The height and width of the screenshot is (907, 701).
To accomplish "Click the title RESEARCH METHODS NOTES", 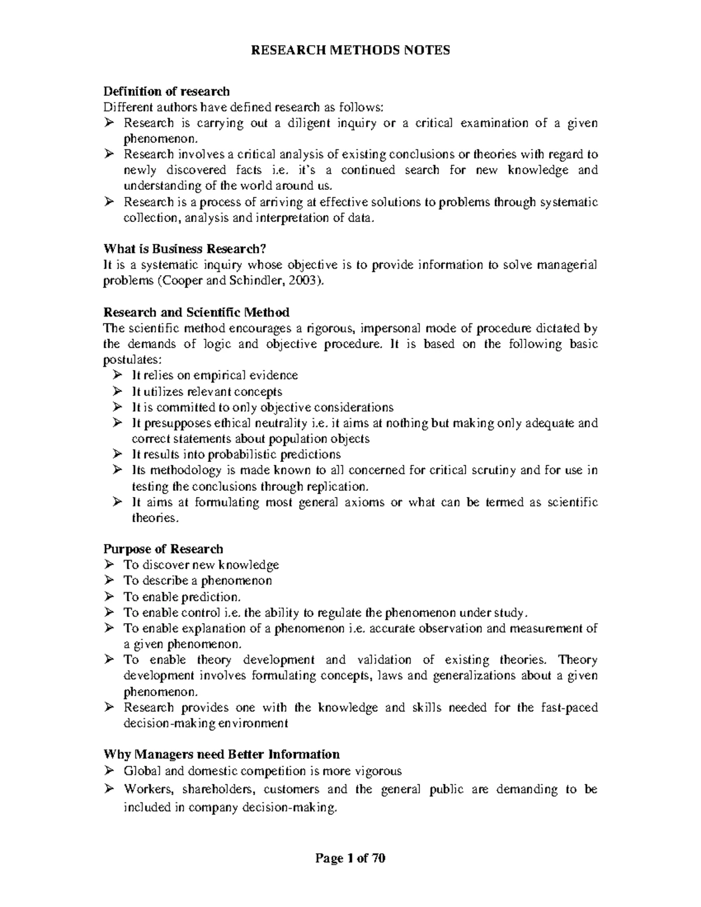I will (350, 50).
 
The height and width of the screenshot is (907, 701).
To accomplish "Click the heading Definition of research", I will (166, 91).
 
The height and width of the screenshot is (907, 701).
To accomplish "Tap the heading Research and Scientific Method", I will (196, 312).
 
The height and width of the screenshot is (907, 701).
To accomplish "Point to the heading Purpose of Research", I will (163, 549).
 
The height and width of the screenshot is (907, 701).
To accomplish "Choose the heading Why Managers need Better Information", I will (221, 754).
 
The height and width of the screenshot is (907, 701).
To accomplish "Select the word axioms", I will (365, 502).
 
